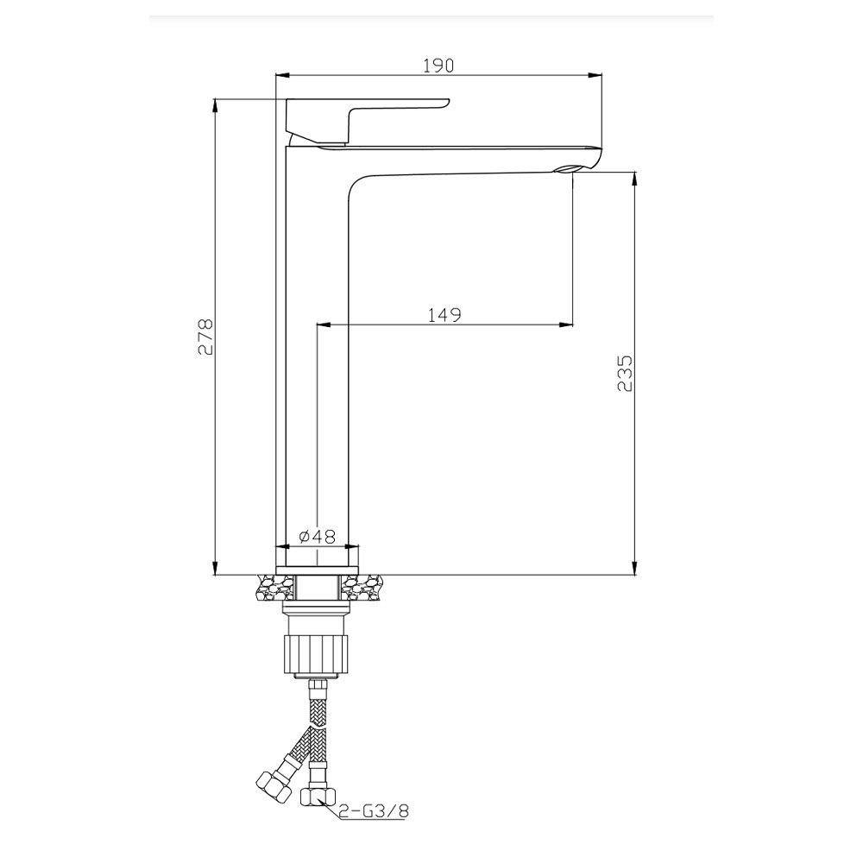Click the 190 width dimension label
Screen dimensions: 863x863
click(x=438, y=66)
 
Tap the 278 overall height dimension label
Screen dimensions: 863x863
click(x=205, y=337)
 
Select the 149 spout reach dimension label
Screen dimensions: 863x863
click(x=444, y=315)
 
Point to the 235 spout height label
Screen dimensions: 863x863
click(x=625, y=373)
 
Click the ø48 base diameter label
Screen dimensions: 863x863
click(x=317, y=536)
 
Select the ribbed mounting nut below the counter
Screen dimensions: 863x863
click(x=317, y=653)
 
